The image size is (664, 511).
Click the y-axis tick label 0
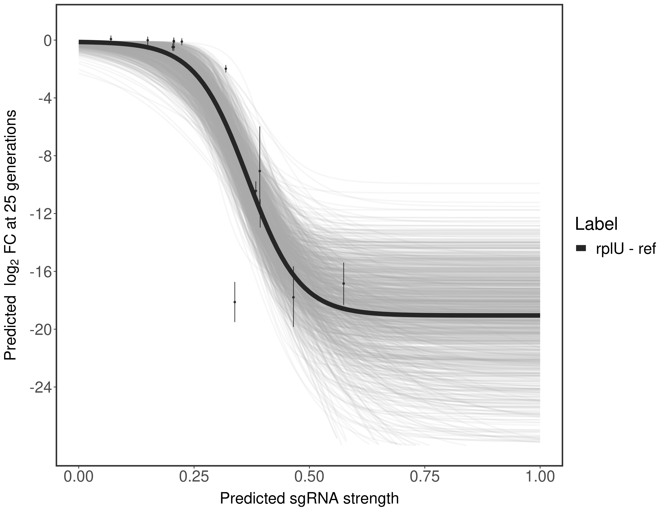(48, 41)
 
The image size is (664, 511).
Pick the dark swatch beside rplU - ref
(581, 249)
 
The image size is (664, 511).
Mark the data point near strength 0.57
(344, 283)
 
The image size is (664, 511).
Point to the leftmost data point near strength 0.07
(111, 39)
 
